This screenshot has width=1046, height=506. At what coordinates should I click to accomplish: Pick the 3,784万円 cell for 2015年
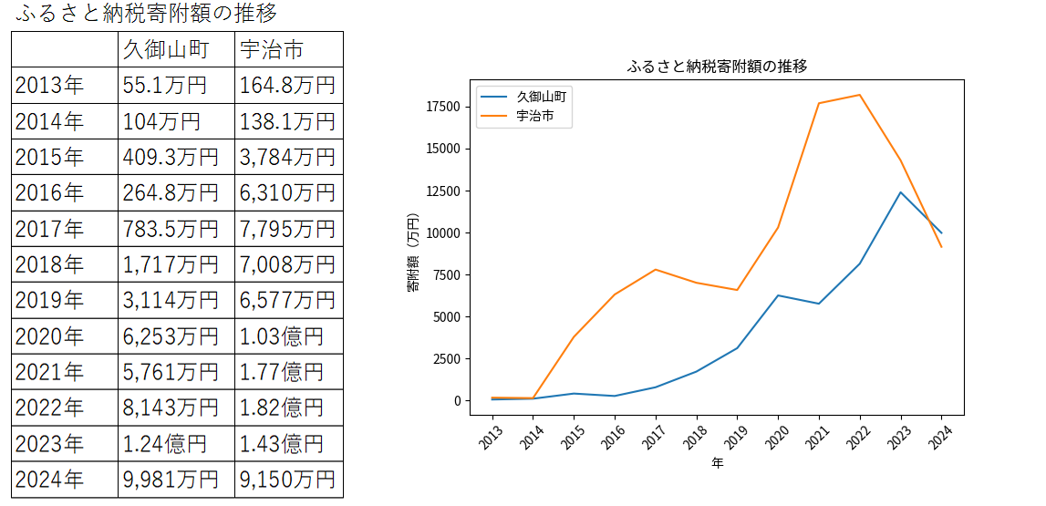[287, 157]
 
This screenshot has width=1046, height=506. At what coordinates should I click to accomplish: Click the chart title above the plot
[718, 67]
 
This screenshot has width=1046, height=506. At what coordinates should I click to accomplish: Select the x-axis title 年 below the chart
[718, 463]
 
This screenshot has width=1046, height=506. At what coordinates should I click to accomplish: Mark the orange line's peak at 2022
[859, 95]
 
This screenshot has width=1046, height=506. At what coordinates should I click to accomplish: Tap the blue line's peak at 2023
[900, 192]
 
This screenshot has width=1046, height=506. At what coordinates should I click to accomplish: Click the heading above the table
[147, 14]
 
